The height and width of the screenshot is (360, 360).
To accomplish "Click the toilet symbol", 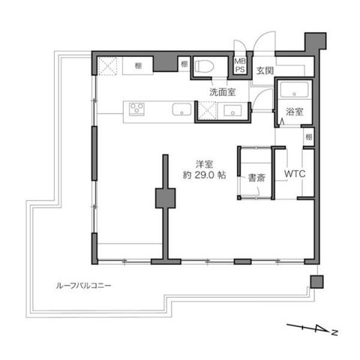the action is click(x=204, y=67).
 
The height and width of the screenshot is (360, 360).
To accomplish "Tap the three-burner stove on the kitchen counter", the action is click(x=136, y=109).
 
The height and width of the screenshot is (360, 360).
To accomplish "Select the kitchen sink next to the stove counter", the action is click(x=181, y=109).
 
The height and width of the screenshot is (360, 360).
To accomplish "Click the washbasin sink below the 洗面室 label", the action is click(x=232, y=110).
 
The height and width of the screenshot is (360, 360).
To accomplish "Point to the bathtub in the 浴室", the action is click(x=294, y=90).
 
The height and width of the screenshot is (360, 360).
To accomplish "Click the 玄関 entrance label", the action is click(x=265, y=70).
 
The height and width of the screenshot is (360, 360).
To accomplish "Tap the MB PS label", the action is click(x=240, y=65).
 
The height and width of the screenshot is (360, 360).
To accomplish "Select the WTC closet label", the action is click(x=295, y=173).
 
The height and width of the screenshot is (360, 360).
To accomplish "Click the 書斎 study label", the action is click(x=256, y=178).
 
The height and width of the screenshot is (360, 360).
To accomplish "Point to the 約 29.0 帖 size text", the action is click(x=205, y=175).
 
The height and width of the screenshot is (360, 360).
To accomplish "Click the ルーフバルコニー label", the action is click(x=83, y=286).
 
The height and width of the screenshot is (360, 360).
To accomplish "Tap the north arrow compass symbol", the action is click(x=312, y=329).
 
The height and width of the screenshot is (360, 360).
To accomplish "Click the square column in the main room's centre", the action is click(x=165, y=198).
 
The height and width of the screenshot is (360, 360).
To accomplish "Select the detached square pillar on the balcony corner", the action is click(x=316, y=282).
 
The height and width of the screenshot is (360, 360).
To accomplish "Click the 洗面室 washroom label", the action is click(x=223, y=92).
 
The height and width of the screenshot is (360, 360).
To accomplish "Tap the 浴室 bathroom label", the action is click(x=295, y=112).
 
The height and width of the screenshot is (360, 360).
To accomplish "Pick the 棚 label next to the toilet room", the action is click(x=184, y=64).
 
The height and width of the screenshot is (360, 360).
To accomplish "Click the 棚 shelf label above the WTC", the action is click(x=309, y=136).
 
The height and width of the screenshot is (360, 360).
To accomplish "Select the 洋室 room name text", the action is click(x=205, y=164).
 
